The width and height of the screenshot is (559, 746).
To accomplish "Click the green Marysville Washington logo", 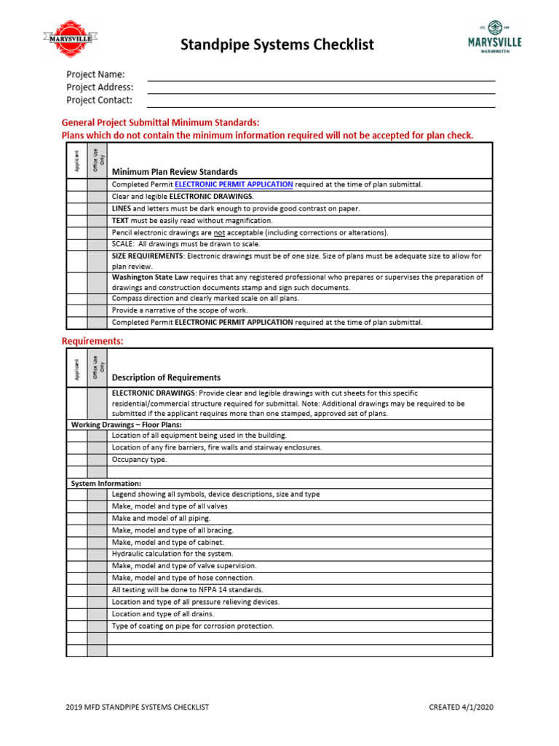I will [x=494, y=36].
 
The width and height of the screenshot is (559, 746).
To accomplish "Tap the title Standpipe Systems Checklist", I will [x=277, y=44].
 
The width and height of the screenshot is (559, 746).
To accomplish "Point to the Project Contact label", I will [x=99, y=101].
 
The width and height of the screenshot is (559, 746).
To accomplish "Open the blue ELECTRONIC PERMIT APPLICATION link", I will [x=234, y=185].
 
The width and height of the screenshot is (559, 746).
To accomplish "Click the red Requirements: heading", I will [x=93, y=341].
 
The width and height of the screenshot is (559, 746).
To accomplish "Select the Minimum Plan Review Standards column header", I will [x=174, y=172].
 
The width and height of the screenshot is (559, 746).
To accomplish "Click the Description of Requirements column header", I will [x=165, y=377].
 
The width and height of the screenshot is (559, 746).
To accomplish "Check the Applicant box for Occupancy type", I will [x=76, y=460].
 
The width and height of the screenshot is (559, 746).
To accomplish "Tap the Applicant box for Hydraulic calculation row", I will [x=76, y=554].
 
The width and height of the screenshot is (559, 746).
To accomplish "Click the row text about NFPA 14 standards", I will [x=187, y=589].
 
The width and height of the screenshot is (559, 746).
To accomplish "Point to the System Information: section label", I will [x=106, y=483].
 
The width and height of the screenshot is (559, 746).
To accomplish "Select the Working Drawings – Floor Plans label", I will [x=126, y=424].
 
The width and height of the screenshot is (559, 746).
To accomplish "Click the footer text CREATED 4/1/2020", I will [x=465, y=707].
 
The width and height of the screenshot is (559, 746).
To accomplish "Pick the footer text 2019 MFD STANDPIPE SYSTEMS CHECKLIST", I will [x=138, y=707].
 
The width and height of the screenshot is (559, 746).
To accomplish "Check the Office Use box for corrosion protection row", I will [x=97, y=626].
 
